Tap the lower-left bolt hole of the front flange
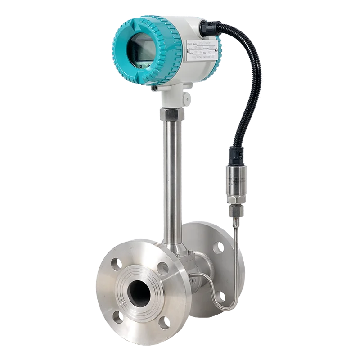coord(117,317)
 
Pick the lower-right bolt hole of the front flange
coord(164,322)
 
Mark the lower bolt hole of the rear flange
coord(220,296)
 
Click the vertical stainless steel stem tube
coord(172,180)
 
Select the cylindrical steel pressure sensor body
coord(235,182)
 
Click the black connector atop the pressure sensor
coord(236,155)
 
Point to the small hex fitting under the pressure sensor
coord(235,209)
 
